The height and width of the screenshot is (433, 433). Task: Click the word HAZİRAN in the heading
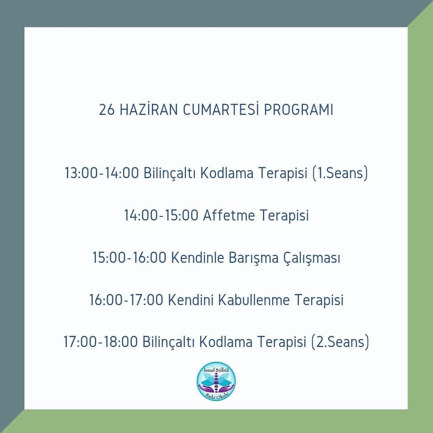point(149,109)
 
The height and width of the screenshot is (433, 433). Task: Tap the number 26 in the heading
point(106,110)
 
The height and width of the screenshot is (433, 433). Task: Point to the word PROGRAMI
point(298,110)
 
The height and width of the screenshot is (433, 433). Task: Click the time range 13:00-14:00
point(102,173)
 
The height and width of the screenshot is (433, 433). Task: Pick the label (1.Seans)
point(340,173)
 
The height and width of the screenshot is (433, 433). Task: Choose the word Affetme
point(229,215)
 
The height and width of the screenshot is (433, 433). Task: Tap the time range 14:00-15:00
point(161,216)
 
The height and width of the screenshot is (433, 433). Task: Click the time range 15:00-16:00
point(129,257)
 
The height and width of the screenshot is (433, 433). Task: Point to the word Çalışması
point(312,258)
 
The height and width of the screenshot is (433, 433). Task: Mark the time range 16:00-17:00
point(126,300)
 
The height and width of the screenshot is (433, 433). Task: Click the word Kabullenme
point(254,300)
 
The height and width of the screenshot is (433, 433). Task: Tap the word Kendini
point(191,300)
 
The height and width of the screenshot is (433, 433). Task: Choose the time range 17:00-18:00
point(101,342)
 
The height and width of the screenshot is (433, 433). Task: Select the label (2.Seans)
point(340,342)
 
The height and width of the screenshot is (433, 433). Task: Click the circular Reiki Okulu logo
point(216,381)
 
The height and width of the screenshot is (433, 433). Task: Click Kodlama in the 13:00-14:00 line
point(227,173)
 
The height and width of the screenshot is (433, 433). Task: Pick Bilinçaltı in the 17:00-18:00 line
point(168,342)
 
